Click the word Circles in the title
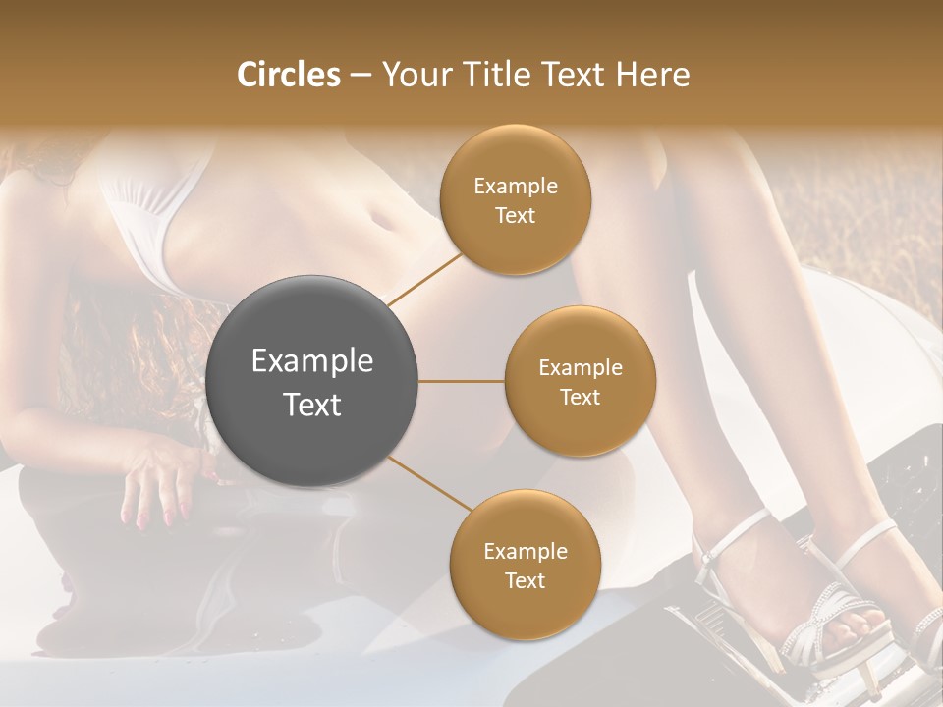coord(289,75)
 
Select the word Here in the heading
coord(652,75)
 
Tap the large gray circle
coord(312,381)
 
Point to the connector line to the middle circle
coord(461,381)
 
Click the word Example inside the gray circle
coord(312,361)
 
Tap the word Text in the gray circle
coord(312,405)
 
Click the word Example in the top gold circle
coord(516,187)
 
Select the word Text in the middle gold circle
coord(580,397)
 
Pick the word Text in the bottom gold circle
coord(525,580)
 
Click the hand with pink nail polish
coord(162,486)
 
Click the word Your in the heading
coord(412,75)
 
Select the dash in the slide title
coord(361,75)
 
